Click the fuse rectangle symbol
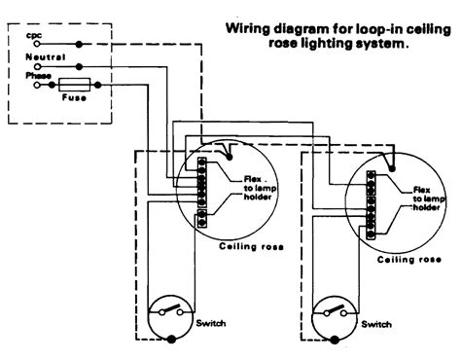coord(74,85)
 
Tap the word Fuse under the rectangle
coord(74,97)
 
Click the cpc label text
coord(34,35)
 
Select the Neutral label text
coord(46,57)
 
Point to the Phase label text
coord(39,76)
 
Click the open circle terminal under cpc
coord(37,44)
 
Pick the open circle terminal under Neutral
coord(38,67)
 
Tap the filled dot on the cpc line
coord(79,44)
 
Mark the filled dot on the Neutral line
coord(79,67)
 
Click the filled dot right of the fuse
coord(98,85)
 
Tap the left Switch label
coord(211,323)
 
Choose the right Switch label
coord(376,324)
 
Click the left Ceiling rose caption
coord(251,246)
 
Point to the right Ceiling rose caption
coord(409,260)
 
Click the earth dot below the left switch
coord(171,340)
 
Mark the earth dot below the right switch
coord(335,341)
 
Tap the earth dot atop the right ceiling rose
coord(392,169)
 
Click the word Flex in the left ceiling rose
coord(253,179)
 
